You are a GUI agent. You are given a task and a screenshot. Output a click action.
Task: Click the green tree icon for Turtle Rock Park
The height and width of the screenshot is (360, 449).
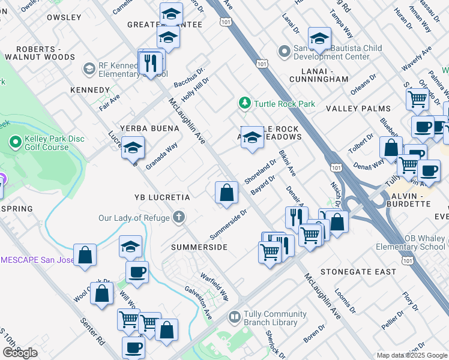(x=244, y=104)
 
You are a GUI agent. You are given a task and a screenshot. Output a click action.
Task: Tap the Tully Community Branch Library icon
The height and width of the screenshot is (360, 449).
(x=234, y=316)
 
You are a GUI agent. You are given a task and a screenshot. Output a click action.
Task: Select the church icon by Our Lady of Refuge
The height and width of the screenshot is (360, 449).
(x=178, y=217)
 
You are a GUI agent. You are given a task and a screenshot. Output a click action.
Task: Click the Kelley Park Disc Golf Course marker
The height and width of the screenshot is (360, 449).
(x=16, y=143)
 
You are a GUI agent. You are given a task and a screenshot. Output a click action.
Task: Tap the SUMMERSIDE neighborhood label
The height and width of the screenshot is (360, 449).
(x=199, y=247)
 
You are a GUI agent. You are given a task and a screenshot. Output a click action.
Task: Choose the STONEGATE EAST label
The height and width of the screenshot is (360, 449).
(x=358, y=272)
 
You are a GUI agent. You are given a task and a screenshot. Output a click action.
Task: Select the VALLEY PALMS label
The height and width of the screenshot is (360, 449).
(x=358, y=109)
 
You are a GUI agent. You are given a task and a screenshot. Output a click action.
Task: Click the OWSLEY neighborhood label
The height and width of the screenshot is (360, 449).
(x=64, y=17)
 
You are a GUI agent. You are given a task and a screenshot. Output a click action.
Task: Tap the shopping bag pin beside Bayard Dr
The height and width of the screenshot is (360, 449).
(x=226, y=193)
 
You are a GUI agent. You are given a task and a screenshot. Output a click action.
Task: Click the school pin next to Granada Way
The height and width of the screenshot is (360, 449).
(x=132, y=148)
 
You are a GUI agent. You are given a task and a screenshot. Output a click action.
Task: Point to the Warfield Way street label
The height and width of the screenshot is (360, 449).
(x=214, y=287)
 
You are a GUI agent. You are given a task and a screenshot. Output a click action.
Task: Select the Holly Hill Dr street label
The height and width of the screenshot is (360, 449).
(x=196, y=88)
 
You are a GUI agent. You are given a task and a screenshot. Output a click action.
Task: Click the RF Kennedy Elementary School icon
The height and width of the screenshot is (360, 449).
(x=89, y=69)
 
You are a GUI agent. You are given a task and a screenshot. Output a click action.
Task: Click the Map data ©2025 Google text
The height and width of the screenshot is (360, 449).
(x=412, y=355)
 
